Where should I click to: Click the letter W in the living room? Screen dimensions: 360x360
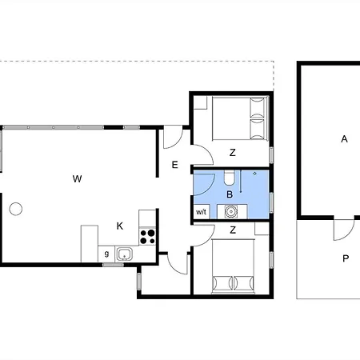pyautogui.click(x=77, y=178)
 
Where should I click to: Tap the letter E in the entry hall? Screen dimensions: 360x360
pyautogui.click(x=174, y=166)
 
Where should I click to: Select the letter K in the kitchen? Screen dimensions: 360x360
pyautogui.click(x=119, y=226)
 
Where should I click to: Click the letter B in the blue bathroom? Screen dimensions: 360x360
pyautogui.click(x=230, y=194)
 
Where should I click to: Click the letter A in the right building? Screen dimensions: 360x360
pyautogui.click(x=345, y=138)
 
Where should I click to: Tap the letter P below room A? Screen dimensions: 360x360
pyautogui.click(x=346, y=258)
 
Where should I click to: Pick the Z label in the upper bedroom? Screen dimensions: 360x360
pyautogui.click(x=232, y=152)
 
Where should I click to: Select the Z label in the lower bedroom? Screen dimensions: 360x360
pyautogui.click(x=232, y=230)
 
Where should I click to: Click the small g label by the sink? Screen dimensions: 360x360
pyautogui.click(x=106, y=254)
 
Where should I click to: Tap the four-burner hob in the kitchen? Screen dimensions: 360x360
pyautogui.click(x=147, y=236)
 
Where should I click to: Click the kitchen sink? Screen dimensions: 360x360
pyautogui.click(x=124, y=255)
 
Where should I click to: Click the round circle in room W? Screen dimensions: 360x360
pyautogui.click(x=16, y=210)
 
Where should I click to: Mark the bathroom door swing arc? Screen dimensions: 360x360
pyautogui.click(x=203, y=183)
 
